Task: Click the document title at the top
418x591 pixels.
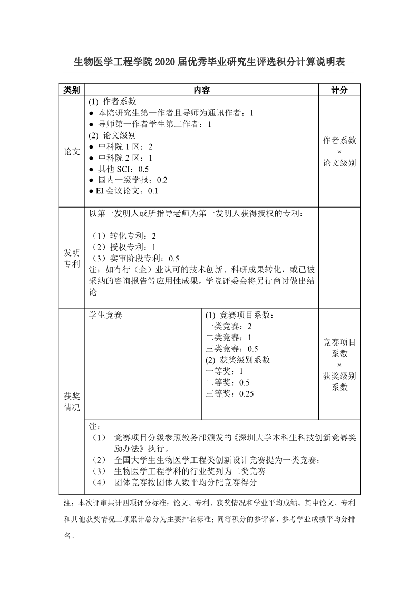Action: coord(209,63)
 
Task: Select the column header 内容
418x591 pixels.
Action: coord(202,90)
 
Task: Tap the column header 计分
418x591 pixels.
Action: coord(339,90)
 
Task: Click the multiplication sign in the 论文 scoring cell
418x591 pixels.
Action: coord(339,152)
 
